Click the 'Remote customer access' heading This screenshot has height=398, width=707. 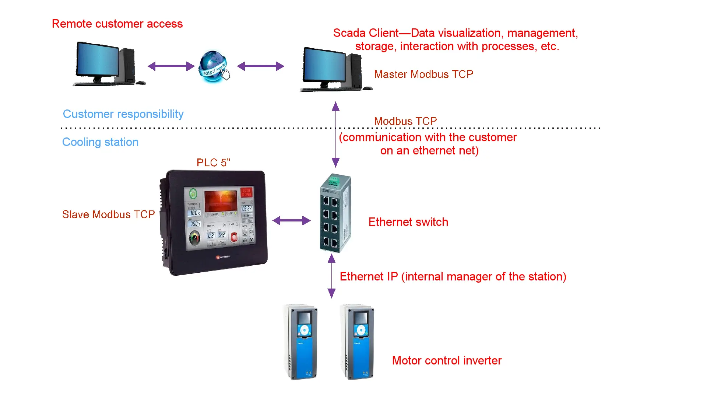click(117, 24)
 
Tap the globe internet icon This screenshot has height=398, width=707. click(213, 66)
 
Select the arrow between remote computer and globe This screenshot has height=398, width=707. click(171, 66)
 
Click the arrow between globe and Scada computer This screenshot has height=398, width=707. click(261, 66)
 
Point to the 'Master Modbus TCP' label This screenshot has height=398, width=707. click(423, 74)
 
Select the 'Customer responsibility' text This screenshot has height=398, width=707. click(123, 114)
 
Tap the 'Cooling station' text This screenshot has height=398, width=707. click(100, 142)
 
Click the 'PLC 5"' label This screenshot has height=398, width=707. click(213, 163)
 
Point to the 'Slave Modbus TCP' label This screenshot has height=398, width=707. click(108, 214)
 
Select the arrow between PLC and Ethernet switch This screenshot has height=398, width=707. click(291, 221)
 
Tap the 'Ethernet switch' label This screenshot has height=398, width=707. click(408, 222)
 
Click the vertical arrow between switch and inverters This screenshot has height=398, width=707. click(331, 276)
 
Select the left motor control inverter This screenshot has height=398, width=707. click(301, 342)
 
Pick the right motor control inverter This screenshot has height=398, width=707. click(358, 342)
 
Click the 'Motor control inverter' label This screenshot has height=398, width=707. click(447, 360)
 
